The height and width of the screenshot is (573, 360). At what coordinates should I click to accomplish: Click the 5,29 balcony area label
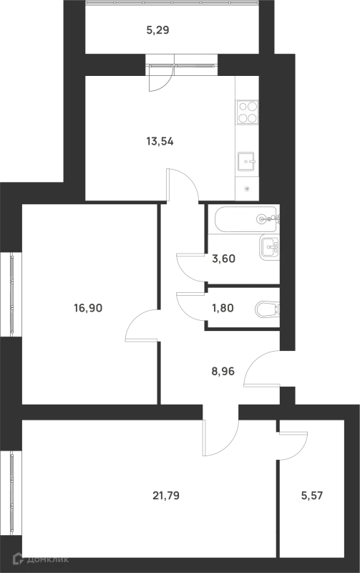click(x=157, y=30)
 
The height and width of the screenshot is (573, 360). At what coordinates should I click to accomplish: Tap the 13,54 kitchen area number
click(x=160, y=141)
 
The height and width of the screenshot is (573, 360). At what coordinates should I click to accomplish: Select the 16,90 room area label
click(x=88, y=308)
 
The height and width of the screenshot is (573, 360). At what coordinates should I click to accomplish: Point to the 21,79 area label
click(x=166, y=496)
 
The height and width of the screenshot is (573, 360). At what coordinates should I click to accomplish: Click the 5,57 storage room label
click(x=312, y=496)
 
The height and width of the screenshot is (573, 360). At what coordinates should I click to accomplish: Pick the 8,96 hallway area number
click(x=223, y=372)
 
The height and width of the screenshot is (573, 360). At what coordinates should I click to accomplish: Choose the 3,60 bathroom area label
click(x=223, y=259)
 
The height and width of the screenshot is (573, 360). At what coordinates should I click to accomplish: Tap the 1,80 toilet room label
click(x=223, y=308)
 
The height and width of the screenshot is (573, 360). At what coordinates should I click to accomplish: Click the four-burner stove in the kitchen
click(x=248, y=112)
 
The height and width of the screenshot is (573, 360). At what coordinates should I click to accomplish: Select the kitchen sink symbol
click(x=246, y=162)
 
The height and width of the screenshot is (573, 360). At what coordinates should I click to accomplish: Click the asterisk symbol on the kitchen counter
click(x=247, y=189)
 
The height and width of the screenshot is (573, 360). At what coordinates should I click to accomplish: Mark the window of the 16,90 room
click(x=11, y=294)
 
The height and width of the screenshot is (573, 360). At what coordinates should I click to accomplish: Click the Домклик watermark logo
click(x=41, y=559)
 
